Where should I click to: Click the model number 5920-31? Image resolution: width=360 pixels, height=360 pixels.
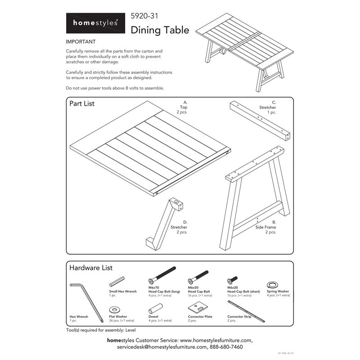click(144, 17)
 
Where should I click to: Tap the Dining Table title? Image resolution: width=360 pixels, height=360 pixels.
click(160, 30)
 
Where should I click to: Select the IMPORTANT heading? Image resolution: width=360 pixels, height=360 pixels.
click(81, 42)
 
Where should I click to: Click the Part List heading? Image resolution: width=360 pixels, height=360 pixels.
click(82, 103)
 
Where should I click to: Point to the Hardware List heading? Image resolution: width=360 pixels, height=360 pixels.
click(91, 268)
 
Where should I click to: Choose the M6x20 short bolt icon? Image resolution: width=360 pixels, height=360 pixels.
click(233, 280)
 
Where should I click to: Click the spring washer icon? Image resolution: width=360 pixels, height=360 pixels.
click(272, 284)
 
